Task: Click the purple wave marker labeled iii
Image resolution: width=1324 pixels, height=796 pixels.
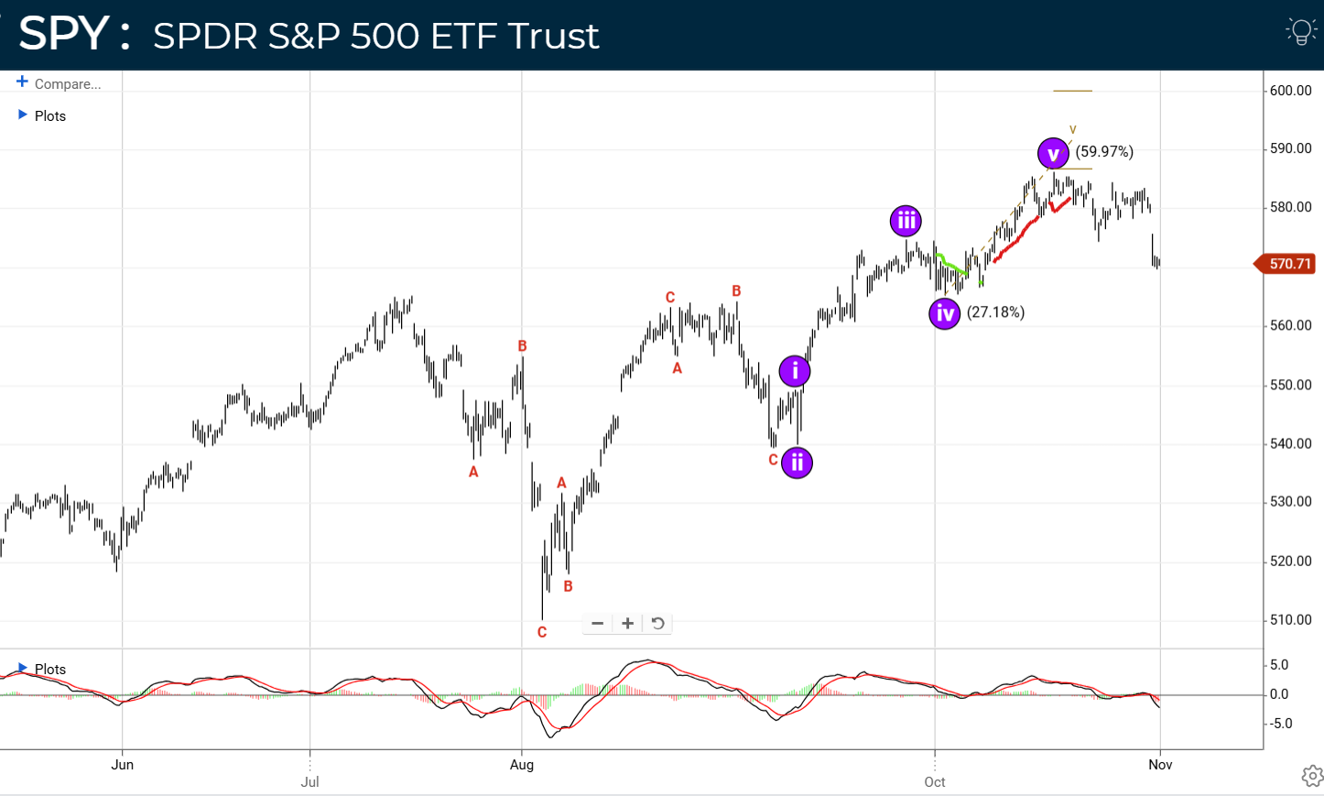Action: tap(906, 221)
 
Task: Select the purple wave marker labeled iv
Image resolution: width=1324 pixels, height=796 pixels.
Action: tap(945, 313)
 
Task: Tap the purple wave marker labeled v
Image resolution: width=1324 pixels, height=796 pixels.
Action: tap(1053, 154)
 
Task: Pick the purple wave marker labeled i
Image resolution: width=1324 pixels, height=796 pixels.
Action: tap(795, 371)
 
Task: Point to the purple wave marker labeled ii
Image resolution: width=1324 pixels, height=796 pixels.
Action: tap(798, 463)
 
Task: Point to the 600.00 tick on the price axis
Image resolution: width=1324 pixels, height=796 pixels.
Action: tap(1290, 91)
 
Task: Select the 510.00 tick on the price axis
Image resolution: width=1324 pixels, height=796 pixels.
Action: tap(1290, 620)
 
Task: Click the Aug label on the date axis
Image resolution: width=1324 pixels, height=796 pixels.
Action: tap(522, 765)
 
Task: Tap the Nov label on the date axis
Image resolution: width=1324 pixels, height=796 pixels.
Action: tap(1160, 765)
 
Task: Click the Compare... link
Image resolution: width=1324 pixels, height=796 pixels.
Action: tap(67, 84)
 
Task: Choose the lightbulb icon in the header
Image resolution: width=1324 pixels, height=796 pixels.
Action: tap(1301, 31)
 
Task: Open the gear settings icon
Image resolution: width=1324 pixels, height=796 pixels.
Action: tap(1312, 776)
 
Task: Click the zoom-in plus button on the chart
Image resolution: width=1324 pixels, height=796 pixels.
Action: tap(627, 624)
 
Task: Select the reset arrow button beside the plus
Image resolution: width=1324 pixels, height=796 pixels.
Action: tap(657, 624)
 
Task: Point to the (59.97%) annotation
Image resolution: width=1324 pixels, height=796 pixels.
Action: tap(1104, 152)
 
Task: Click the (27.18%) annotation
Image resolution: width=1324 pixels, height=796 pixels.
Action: tap(996, 312)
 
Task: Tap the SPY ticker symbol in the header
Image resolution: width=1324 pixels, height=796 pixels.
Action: tap(64, 34)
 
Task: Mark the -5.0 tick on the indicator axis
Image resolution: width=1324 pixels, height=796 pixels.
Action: tap(1279, 724)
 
